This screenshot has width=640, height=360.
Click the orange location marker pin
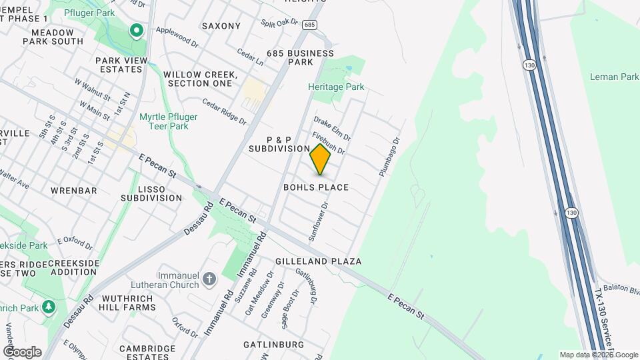(x=321, y=160)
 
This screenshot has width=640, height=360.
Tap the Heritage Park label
(x=336, y=87)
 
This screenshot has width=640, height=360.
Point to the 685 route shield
(x=308, y=25)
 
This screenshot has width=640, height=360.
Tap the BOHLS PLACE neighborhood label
(x=316, y=187)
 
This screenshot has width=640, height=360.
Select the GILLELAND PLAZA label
(x=319, y=261)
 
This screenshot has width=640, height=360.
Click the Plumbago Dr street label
(x=389, y=157)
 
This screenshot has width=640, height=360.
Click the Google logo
(x=22, y=351)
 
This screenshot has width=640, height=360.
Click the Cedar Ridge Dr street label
(x=225, y=112)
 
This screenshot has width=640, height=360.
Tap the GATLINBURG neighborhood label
(x=273, y=345)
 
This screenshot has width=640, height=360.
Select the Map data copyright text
(x=599, y=355)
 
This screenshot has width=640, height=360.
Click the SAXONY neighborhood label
(x=221, y=26)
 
